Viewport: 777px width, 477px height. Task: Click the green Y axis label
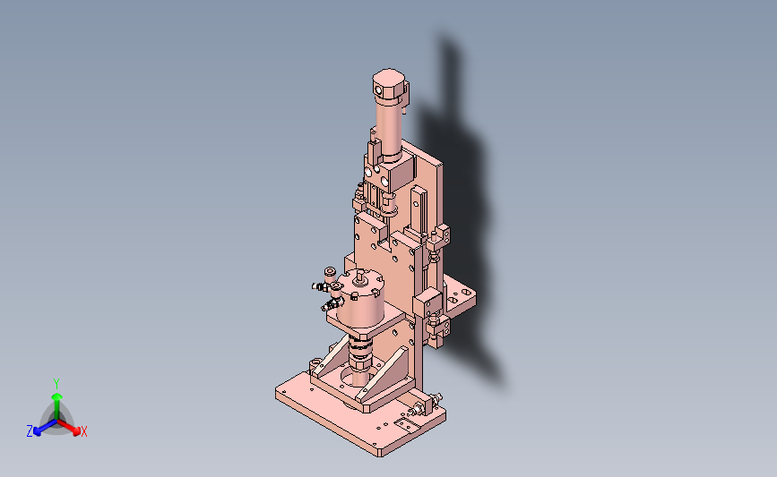click(x=56, y=384)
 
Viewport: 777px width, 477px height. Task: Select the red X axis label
click(x=83, y=431)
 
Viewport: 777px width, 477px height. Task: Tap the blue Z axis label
click(x=30, y=431)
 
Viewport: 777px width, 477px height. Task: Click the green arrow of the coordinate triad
click(x=56, y=405)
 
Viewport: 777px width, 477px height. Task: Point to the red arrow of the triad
click(x=69, y=427)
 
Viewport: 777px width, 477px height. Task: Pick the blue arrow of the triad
click(x=45, y=428)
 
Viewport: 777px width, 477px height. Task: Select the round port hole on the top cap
click(x=378, y=90)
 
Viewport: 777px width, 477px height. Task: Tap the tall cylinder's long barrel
click(x=389, y=128)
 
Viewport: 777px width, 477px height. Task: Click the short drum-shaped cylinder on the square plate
click(x=360, y=297)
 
